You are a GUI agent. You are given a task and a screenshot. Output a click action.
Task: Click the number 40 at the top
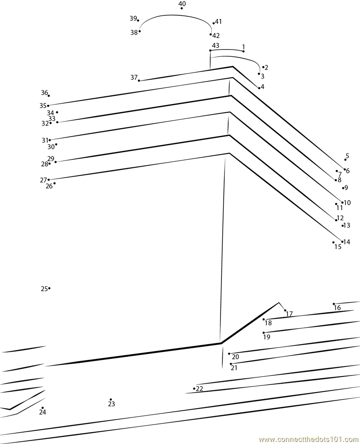point(182,4)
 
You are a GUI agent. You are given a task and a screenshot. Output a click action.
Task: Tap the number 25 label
point(44,289)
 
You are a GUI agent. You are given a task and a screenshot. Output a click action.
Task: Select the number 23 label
point(111,404)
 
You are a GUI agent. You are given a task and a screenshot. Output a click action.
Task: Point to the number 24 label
point(42,412)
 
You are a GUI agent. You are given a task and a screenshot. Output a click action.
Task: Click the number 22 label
point(199,389)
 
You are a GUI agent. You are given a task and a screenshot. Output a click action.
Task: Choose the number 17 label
point(289,314)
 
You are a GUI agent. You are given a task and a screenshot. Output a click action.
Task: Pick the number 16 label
point(337,308)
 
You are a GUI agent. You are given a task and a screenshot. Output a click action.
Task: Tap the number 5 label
point(347,156)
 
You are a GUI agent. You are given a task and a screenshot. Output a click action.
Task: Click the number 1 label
point(243,46)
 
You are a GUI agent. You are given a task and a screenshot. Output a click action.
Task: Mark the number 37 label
point(134,77)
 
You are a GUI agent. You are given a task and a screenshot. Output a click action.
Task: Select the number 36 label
point(44,92)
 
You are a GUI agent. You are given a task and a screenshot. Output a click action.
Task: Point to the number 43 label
point(216,45)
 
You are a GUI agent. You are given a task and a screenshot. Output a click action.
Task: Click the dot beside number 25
point(49,288)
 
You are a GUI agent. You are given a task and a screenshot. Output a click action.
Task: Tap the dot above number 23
point(111,399)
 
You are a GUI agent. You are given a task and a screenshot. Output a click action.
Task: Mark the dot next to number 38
point(140,31)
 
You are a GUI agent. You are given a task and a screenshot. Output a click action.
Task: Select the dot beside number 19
point(264,333)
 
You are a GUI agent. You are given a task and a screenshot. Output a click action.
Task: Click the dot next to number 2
point(263,67)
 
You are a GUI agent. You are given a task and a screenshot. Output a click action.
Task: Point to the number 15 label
point(337,247)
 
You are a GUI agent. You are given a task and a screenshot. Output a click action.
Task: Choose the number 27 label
point(43,180)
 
